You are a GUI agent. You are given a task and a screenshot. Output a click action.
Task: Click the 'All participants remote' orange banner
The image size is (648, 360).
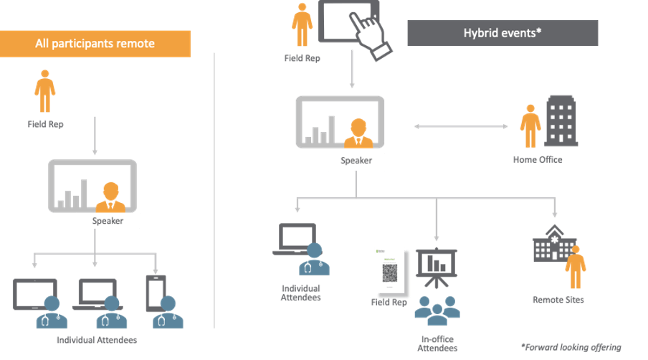click(x=95, y=44)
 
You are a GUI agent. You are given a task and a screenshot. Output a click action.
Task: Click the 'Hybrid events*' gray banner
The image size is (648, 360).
click(x=502, y=33)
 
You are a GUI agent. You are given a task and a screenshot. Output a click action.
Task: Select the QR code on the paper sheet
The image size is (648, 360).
click(x=390, y=272)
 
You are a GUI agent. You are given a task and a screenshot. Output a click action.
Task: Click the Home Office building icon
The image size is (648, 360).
click(x=561, y=123)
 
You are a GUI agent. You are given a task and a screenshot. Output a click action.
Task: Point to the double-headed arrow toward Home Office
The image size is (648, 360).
click(x=466, y=127)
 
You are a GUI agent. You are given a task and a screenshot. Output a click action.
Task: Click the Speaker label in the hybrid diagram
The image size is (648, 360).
click(x=356, y=161)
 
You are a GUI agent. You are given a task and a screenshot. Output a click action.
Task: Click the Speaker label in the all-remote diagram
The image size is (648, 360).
click(x=108, y=221)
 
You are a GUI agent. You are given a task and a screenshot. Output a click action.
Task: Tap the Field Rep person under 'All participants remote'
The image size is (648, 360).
click(x=45, y=91)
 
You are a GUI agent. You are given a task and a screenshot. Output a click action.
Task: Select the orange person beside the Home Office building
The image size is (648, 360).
click(x=530, y=127)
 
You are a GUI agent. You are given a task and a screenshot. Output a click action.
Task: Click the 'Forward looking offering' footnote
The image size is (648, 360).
click(x=571, y=347)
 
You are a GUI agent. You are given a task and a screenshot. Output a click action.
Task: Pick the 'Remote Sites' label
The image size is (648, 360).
click(x=558, y=299)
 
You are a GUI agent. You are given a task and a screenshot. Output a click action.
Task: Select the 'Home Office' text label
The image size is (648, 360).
click(x=538, y=160)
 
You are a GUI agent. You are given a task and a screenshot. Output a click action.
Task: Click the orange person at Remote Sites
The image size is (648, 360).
click(x=575, y=267)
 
